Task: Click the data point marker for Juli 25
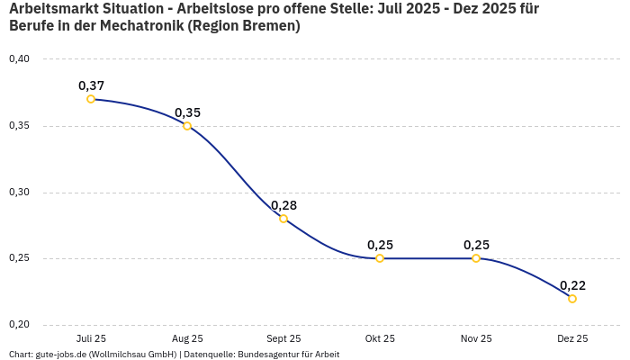(x=91, y=99)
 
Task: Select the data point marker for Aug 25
(x=187, y=126)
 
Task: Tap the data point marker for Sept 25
(x=283, y=219)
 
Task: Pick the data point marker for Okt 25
(x=380, y=258)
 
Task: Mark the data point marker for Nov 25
(x=476, y=258)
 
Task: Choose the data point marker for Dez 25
(x=572, y=299)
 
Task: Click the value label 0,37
(x=91, y=85)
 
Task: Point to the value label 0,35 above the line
(x=187, y=112)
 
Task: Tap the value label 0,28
(x=283, y=205)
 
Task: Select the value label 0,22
(x=572, y=285)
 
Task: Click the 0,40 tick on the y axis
(x=19, y=59)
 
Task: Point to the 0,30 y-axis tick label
(x=19, y=193)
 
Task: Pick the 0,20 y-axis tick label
(x=19, y=325)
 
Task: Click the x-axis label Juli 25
(x=91, y=339)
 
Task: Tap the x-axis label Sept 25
(x=283, y=339)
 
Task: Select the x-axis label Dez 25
(x=572, y=339)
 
